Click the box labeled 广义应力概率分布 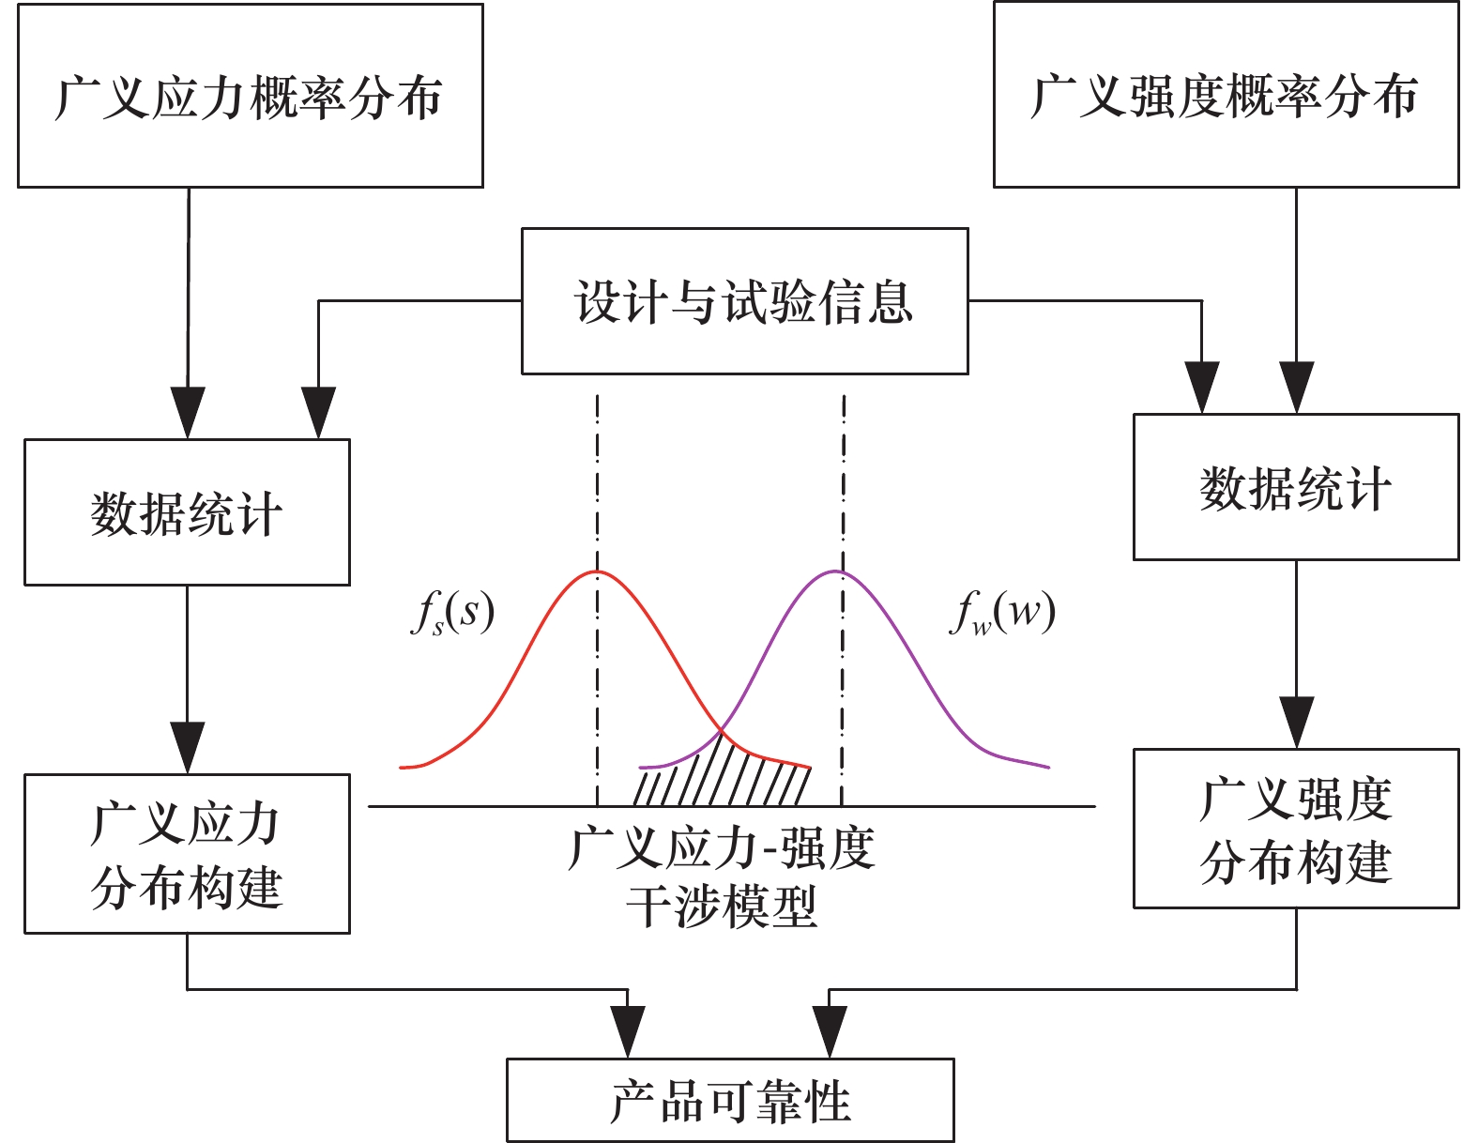(250, 96)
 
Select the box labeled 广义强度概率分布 (1226, 95)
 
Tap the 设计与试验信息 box (744, 301)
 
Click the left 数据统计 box (187, 512)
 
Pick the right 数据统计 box (1295, 487)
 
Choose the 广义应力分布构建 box (187, 854)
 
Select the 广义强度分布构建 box (1295, 829)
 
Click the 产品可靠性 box (730, 1100)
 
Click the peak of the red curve (596, 571)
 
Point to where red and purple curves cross (720, 731)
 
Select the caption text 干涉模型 (722, 907)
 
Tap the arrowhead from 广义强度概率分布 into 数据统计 (1296, 388)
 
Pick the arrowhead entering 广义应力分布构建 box (188, 748)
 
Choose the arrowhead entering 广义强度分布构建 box (1296, 723)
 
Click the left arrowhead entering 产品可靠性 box (627, 1032)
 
